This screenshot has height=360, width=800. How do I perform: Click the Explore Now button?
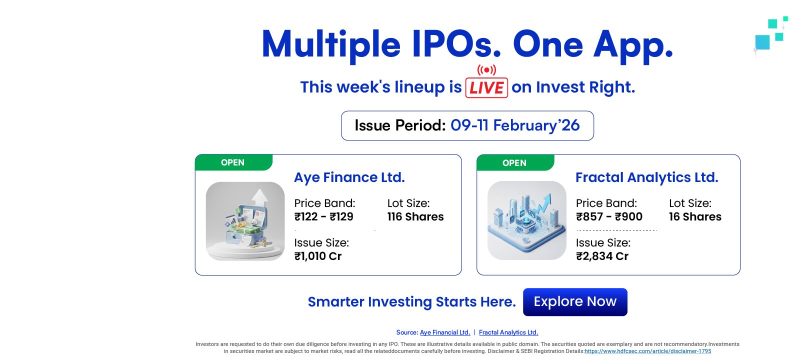click(575, 302)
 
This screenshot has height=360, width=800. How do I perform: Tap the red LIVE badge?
click(486, 87)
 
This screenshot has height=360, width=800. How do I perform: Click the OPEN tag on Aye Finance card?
click(233, 162)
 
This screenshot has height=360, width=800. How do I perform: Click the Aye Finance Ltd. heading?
click(349, 177)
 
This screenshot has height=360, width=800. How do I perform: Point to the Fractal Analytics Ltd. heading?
click(647, 177)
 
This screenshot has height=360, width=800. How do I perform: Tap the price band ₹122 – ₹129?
click(323, 217)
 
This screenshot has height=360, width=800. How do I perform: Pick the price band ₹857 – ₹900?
click(609, 217)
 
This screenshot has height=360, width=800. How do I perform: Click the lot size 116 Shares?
click(415, 217)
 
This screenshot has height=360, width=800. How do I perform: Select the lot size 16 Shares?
click(695, 217)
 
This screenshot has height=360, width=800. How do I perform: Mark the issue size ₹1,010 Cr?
click(318, 256)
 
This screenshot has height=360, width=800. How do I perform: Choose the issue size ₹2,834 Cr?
click(602, 256)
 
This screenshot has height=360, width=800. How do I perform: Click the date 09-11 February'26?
click(515, 125)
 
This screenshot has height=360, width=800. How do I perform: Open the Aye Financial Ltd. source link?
click(445, 332)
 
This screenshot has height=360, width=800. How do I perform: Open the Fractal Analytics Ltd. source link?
click(508, 332)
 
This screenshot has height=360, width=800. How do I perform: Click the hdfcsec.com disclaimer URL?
click(648, 351)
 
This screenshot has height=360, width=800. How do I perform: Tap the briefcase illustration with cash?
click(245, 221)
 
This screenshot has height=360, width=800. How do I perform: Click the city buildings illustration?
click(527, 220)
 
